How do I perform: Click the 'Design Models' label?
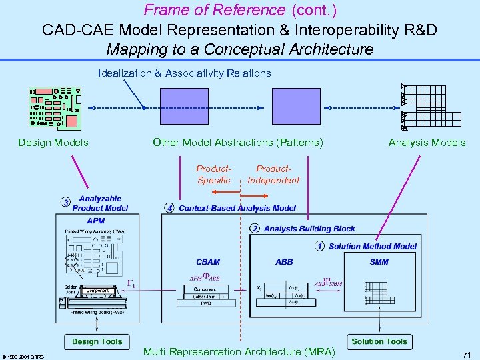click(x=53, y=142)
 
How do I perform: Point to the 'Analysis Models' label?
click(x=427, y=142)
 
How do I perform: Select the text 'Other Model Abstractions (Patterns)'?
click(x=238, y=142)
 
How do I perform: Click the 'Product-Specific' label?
click(x=214, y=175)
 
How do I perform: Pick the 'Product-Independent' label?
click(x=273, y=175)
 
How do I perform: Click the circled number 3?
click(x=65, y=203)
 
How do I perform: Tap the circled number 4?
click(x=170, y=208)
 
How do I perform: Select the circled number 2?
click(x=255, y=229)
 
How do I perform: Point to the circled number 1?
click(x=320, y=246)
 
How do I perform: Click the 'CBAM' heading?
click(x=208, y=262)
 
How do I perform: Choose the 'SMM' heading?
click(x=379, y=262)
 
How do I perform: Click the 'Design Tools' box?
click(x=97, y=341)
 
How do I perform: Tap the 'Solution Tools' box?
click(x=379, y=341)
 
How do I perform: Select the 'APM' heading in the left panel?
click(x=96, y=221)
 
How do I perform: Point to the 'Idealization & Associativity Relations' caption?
click(x=184, y=73)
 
